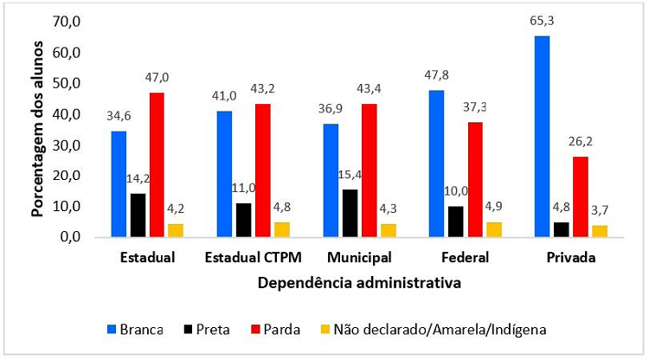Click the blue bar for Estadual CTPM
point(224,173)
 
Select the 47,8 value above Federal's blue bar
point(435,74)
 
